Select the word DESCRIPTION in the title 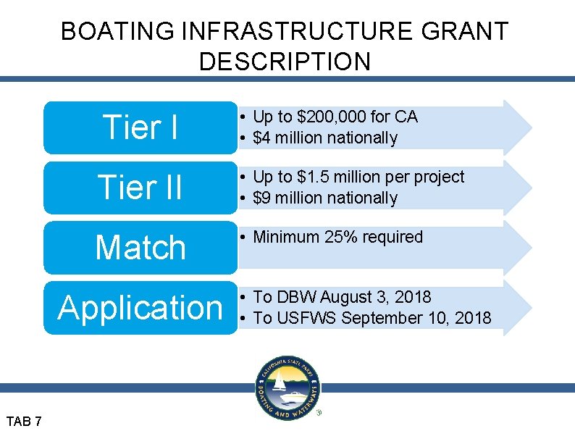coord(285,62)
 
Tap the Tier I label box coord(140,127)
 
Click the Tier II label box coord(140,188)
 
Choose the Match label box coord(140,248)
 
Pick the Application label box coord(140,307)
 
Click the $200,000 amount coord(330,117)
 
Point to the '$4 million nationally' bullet coord(325,138)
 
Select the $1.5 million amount coord(338,177)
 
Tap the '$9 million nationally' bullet coord(325,198)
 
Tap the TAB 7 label coord(24,421)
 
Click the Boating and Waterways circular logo coord(287,388)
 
